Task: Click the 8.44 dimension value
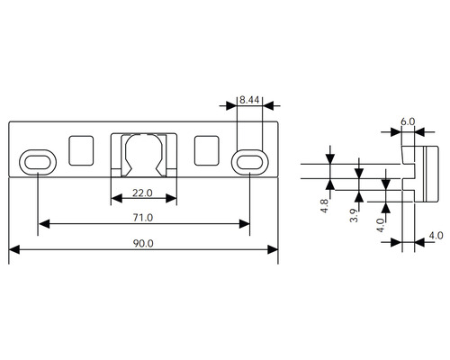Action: click(x=249, y=100)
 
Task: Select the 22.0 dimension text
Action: click(x=142, y=193)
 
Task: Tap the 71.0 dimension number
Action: click(x=143, y=218)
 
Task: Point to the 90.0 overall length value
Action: click(x=143, y=243)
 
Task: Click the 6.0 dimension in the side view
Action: click(x=408, y=121)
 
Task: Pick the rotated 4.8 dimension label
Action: click(x=324, y=206)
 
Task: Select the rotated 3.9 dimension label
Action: click(x=354, y=215)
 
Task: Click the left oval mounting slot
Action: click(x=38, y=162)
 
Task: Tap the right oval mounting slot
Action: click(x=249, y=162)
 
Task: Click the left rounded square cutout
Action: click(x=81, y=150)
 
